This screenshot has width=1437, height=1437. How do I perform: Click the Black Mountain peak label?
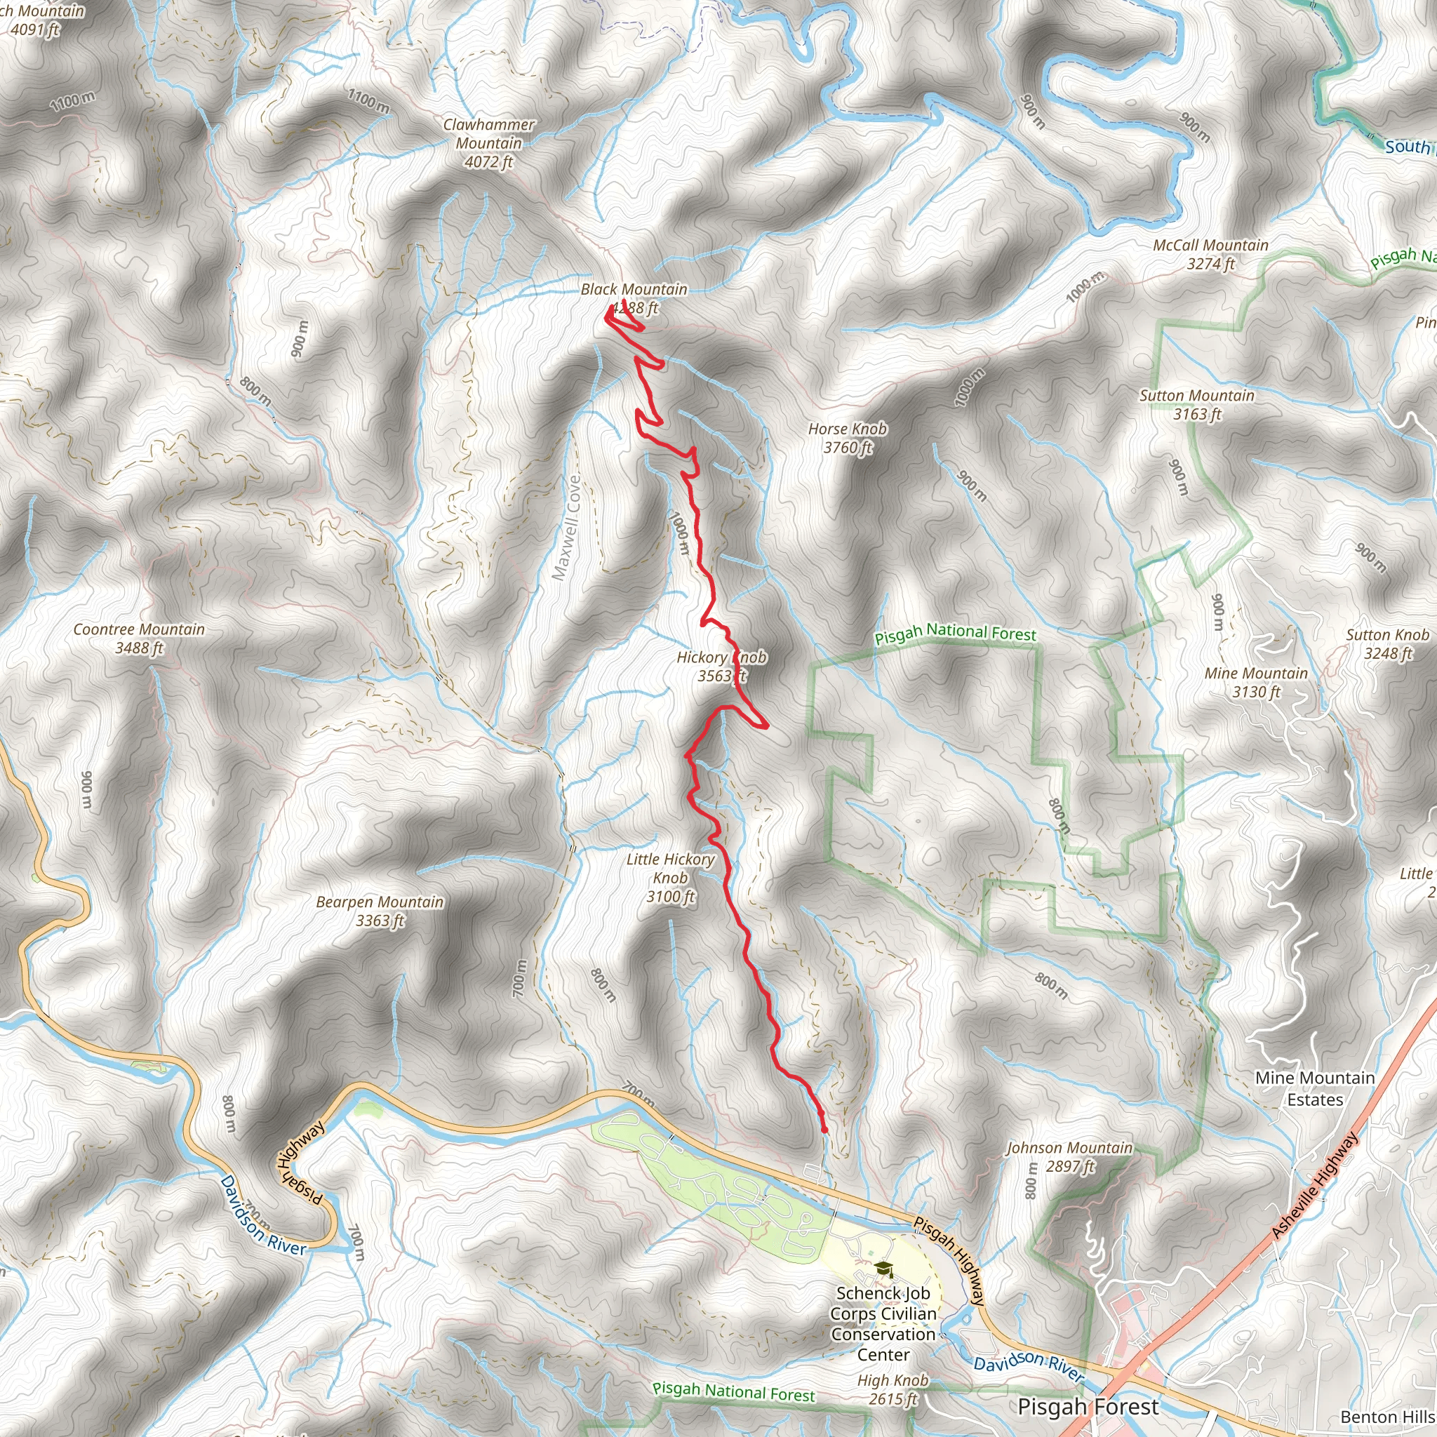(x=634, y=298)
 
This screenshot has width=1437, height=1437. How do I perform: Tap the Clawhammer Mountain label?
(x=488, y=143)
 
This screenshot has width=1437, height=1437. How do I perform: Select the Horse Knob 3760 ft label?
(x=847, y=438)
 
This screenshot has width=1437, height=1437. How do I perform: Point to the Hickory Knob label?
(x=720, y=667)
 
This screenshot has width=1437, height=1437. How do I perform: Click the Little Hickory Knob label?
(x=670, y=878)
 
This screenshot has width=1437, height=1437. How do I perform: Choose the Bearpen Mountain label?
(x=380, y=911)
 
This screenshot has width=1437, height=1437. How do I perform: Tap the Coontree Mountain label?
(x=139, y=639)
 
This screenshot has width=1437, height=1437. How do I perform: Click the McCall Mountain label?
(x=1210, y=255)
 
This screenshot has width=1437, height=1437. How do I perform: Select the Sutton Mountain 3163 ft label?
(x=1197, y=405)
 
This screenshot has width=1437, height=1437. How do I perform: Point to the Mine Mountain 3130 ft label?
(x=1255, y=682)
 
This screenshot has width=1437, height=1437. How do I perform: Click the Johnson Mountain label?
(x=1069, y=1156)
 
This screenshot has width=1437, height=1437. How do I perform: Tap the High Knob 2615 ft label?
(x=893, y=1389)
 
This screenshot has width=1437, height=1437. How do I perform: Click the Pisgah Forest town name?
(x=1088, y=1408)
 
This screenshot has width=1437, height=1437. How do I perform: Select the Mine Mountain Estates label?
(x=1315, y=1088)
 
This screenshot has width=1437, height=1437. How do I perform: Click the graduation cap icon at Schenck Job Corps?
(x=883, y=1267)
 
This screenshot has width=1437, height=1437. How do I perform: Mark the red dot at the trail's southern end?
(x=824, y=1130)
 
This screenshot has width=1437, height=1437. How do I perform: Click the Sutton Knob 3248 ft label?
(x=1387, y=644)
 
